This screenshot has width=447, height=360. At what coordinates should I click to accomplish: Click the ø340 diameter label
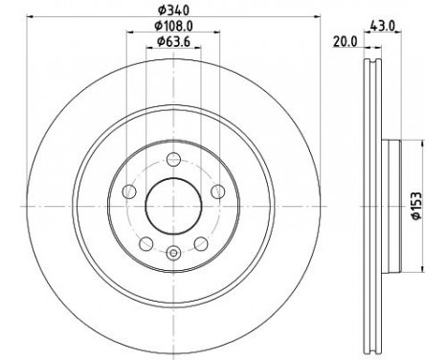pos(174,11)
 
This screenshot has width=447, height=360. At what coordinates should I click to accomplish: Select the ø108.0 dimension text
pos(174,26)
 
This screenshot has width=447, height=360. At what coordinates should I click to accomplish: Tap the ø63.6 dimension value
pos(174,41)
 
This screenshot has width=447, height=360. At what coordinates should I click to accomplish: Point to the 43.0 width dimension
pos(383,25)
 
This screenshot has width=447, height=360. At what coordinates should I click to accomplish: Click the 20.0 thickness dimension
pos(346,41)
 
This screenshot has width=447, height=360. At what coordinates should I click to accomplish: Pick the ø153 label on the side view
pos(416,206)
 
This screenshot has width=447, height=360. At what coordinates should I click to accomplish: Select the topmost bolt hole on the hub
pos(174,159)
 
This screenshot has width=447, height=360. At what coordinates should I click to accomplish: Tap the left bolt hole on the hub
pos(129,191)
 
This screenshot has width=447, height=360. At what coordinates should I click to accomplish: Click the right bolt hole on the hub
pos(218,191)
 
